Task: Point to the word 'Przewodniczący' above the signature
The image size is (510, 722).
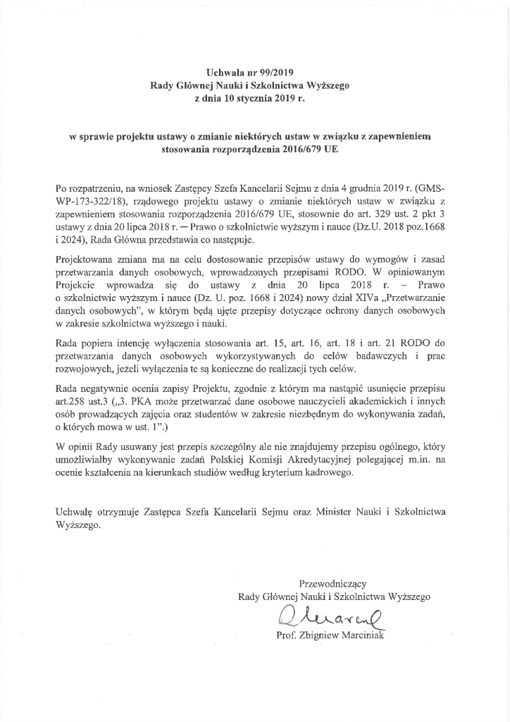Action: (x=332, y=583)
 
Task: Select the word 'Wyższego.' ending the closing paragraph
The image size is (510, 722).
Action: (x=77, y=525)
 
